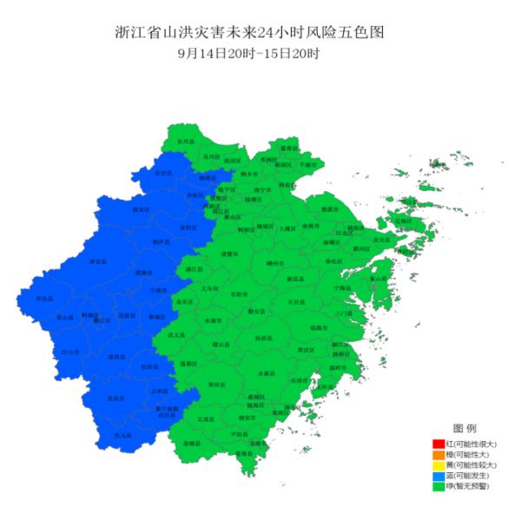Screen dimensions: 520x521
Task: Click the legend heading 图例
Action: click(x=465, y=430)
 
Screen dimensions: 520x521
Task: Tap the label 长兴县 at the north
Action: click(x=186, y=141)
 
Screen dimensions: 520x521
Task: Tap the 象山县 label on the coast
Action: click(x=379, y=279)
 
